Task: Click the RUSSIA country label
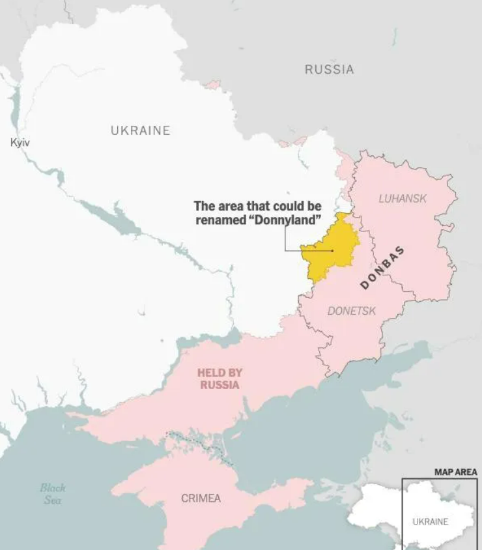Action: (329, 69)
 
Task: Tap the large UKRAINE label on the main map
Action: (140, 130)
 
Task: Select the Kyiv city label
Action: (20, 142)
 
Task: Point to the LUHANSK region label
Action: (403, 198)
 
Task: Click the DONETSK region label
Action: (351, 311)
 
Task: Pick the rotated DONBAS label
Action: (382, 268)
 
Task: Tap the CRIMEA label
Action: (201, 498)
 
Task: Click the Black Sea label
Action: (53, 493)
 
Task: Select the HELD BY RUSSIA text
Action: (220, 379)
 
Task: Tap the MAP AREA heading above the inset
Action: (455, 472)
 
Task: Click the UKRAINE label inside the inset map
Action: (430, 521)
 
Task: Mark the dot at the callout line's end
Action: (332, 250)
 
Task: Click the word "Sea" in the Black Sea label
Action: (53, 500)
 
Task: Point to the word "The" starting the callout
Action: (203, 206)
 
